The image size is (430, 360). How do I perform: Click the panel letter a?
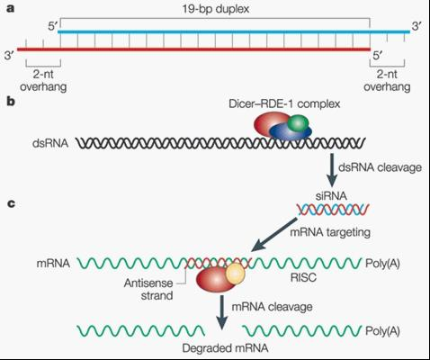pyautogui.click(x=11, y=8)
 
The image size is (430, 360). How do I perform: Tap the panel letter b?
pyautogui.click(x=11, y=101)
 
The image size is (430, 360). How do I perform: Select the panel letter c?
pyautogui.click(x=11, y=203)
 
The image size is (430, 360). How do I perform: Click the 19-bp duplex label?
pyautogui.click(x=216, y=9)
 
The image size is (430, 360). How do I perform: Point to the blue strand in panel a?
pyautogui.click(x=234, y=31)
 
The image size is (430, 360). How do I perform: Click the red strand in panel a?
pyautogui.click(x=193, y=49)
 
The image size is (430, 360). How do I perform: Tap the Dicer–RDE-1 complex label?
pyautogui.click(x=284, y=103)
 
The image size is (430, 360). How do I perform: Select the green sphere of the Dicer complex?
pyautogui.click(x=298, y=123)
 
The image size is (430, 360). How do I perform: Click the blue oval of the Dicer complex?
pyautogui.click(x=291, y=132)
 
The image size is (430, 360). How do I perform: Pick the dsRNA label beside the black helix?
pyautogui.click(x=50, y=143)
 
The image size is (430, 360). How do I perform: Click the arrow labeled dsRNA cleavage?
pyautogui.click(x=332, y=170)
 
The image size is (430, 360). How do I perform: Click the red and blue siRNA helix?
pyautogui.click(x=333, y=210)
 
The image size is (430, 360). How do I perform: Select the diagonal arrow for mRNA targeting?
pyautogui.click(x=273, y=235)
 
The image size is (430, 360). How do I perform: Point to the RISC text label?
pyautogui.click(x=303, y=277)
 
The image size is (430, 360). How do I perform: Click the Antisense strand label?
pyautogui.click(x=148, y=289)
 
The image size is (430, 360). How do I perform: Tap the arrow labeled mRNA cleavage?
pyautogui.click(x=221, y=312)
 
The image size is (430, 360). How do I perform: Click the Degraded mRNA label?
pyautogui.click(x=225, y=348)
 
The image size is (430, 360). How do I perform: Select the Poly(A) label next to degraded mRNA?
pyautogui.click(x=382, y=331)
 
